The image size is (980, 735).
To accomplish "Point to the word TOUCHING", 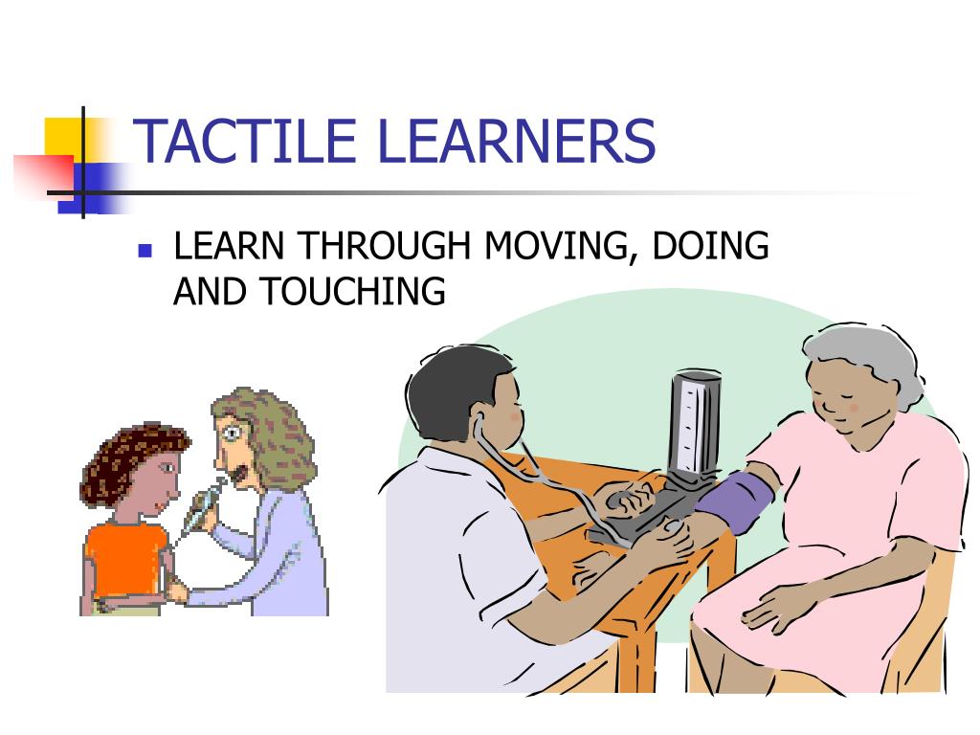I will (x=353, y=291).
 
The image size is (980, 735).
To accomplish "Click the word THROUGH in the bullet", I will (x=384, y=246).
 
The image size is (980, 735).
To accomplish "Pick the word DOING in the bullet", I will (x=710, y=246).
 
